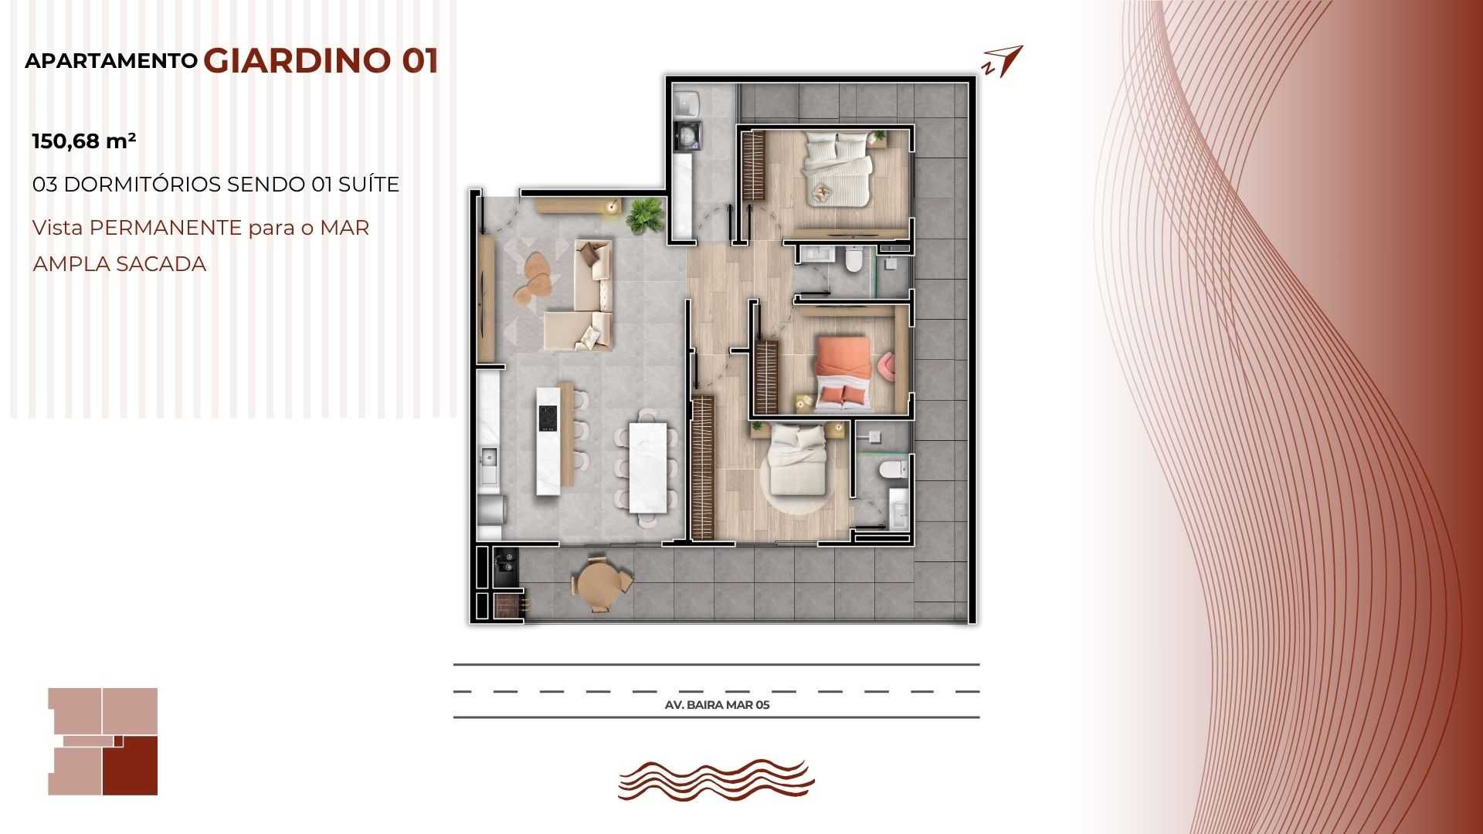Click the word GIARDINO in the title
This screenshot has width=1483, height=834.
click(x=297, y=61)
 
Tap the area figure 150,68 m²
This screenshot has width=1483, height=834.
click(x=84, y=141)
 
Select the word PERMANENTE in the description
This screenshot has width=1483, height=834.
click(x=166, y=228)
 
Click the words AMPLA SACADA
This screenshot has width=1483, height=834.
click(x=120, y=264)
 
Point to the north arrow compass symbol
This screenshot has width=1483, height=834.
click(x=1003, y=61)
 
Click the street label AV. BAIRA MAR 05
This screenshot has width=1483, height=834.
click(x=717, y=704)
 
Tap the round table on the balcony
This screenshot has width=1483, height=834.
click(x=601, y=583)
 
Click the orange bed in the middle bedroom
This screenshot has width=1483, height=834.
click(x=843, y=371)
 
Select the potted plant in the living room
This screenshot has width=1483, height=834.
click(x=644, y=215)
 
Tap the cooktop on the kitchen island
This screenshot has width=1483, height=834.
click(x=548, y=419)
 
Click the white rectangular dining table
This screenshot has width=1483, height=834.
click(x=647, y=467)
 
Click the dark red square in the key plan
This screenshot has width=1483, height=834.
click(x=131, y=766)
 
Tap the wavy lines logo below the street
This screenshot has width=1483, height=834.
click(x=716, y=780)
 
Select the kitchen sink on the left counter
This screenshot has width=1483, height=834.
click(x=488, y=458)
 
